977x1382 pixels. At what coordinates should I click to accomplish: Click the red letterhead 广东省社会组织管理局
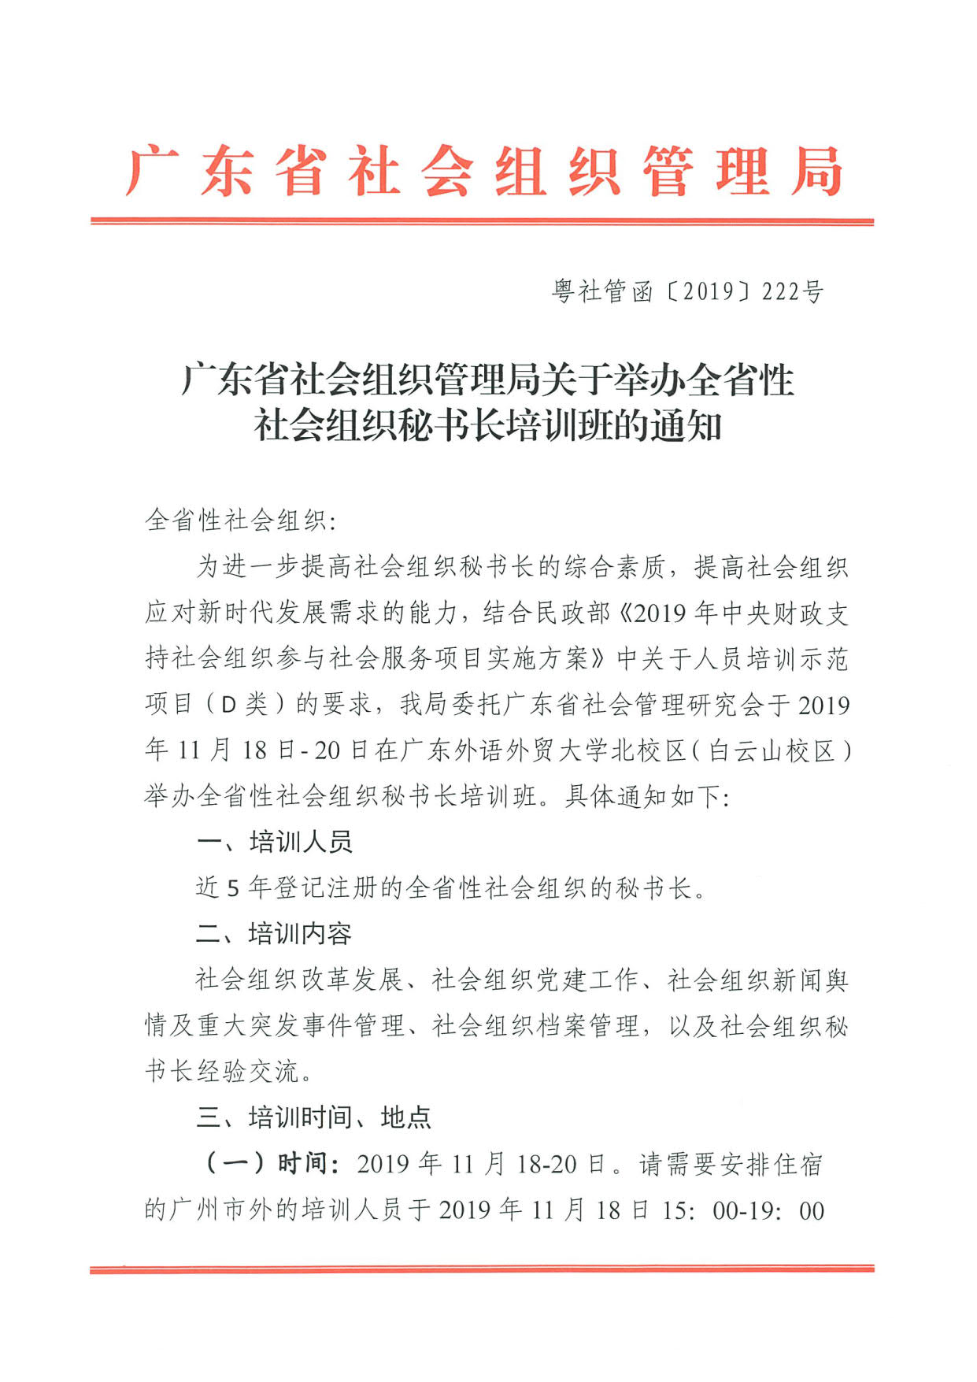coord(483,171)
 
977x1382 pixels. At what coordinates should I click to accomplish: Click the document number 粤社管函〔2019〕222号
coord(687,291)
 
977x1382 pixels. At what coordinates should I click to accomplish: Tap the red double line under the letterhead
coord(482,222)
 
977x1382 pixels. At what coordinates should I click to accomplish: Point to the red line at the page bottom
coord(482,1269)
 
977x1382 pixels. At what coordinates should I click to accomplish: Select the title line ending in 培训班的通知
coord(487,426)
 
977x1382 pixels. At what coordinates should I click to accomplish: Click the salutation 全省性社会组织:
coord(240,521)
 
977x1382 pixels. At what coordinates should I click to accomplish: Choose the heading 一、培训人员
coord(274,842)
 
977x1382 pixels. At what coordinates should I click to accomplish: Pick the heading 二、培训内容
coord(274,934)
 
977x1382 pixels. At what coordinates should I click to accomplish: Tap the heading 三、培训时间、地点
coord(313,1117)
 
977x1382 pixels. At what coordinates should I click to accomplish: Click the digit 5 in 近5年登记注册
coord(233,888)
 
